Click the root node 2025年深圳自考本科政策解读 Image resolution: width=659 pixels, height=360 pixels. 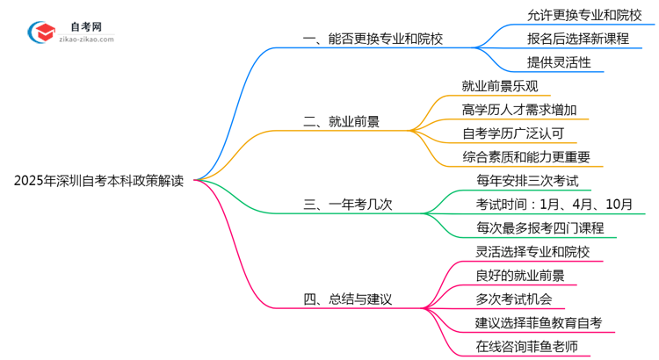[98, 181]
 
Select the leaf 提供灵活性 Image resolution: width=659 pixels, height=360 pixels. [559, 62]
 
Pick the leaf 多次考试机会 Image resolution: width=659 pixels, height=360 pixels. [507, 299]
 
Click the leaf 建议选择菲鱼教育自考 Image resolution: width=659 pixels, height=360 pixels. [538, 323]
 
